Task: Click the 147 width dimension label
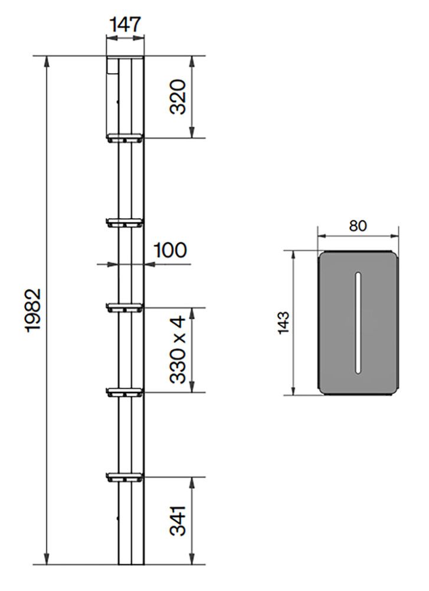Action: click(125, 25)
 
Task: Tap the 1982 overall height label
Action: click(34, 310)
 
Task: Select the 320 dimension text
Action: click(178, 97)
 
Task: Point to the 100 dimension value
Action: click(170, 250)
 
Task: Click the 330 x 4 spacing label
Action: click(178, 350)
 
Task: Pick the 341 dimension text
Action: click(178, 521)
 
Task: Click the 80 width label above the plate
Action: click(358, 226)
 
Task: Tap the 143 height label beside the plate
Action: click(283, 322)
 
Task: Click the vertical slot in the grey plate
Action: click(358, 323)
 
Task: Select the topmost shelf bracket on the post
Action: click(125, 138)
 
